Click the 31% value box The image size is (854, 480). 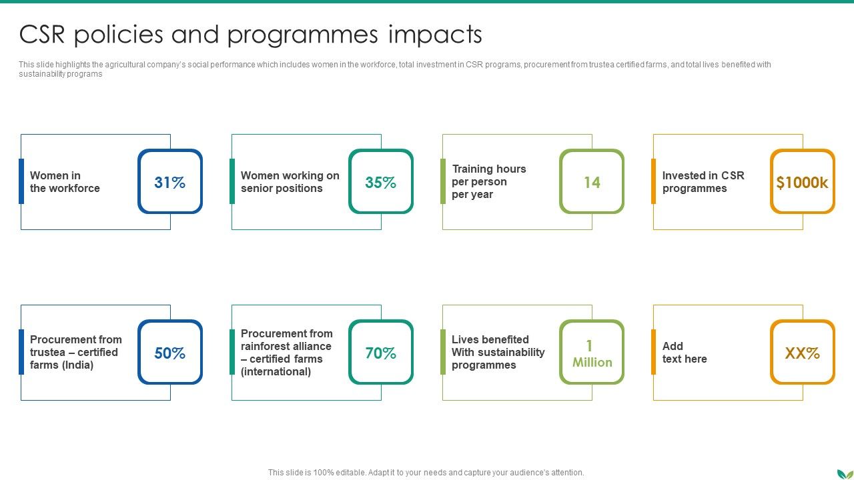coord(170,182)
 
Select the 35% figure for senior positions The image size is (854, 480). coord(381,182)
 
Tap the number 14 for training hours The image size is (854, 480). coord(592,182)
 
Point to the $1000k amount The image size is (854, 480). coord(802,182)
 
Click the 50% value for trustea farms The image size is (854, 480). coord(170,353)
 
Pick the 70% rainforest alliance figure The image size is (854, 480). coord(381,353)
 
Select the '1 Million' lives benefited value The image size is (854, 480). coord(592,353)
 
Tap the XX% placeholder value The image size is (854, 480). coord(802,353)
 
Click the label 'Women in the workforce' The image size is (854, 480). coord(65,182)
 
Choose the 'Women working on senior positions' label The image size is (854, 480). coord(290,182)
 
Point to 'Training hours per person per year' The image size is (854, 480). coord(488,181)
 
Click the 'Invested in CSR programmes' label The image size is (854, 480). coord(703,182)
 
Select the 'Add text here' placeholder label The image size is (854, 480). coord(684,353)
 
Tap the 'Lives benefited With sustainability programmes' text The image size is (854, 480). coord(498,352)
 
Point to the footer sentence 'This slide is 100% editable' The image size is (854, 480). coord(426,473)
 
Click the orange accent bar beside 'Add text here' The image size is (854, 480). coord(654,352)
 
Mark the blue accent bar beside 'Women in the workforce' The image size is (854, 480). coord(21,181)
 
